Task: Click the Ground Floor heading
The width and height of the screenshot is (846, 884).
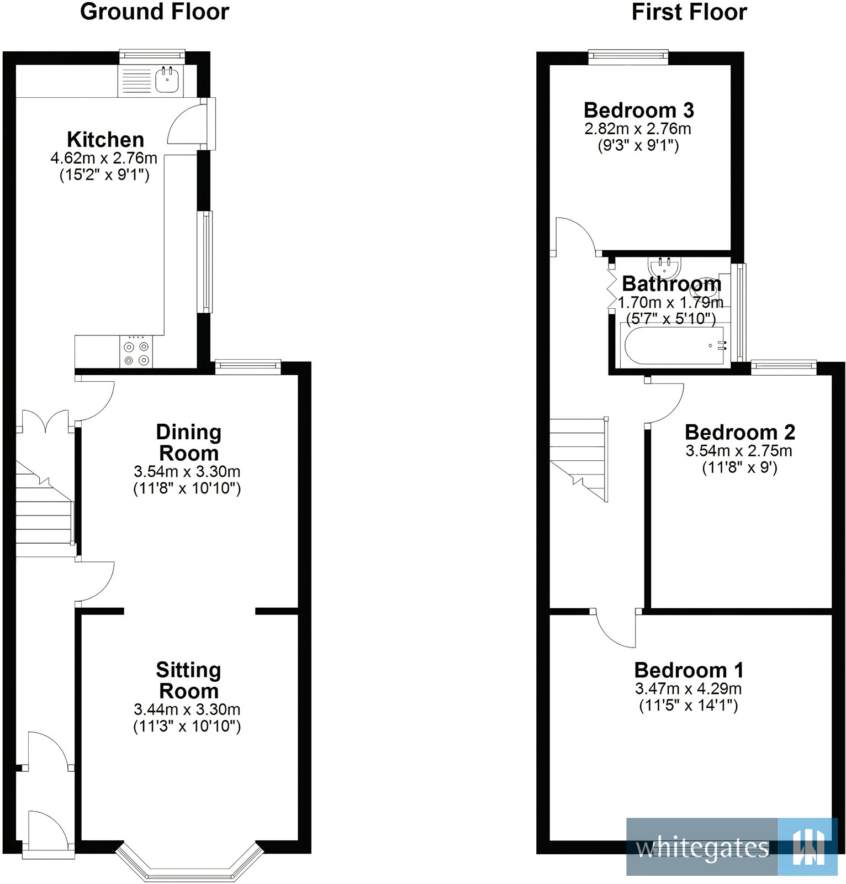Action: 155,12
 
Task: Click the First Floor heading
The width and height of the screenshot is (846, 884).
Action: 689,12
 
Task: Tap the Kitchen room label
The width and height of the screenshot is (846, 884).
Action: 105,139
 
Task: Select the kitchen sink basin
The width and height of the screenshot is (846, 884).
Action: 167,81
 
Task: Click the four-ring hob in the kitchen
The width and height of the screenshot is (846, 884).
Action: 136,353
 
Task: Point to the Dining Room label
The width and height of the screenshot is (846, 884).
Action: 189,443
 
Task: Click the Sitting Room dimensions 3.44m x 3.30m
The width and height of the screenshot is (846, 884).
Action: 187,709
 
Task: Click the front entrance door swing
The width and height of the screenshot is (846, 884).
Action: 49,829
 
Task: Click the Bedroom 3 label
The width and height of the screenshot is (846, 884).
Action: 638,110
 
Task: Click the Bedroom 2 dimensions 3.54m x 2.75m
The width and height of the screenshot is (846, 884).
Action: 739,451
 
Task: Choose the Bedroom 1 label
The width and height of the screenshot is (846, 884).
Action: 689,670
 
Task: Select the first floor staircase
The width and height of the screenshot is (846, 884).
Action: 579,459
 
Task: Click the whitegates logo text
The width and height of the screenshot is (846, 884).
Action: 702,849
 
